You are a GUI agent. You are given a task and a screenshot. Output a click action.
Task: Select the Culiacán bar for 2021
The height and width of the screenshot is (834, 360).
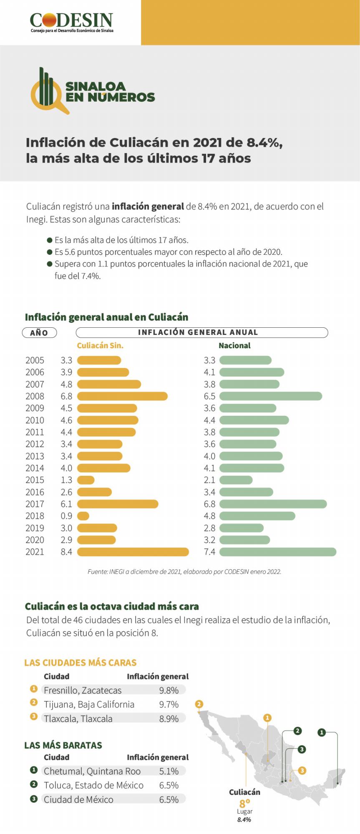[133, 552]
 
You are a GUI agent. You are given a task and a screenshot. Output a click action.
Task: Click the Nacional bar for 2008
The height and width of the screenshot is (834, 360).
[270, 396]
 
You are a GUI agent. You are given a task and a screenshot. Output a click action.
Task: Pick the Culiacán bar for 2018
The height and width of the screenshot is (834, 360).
[83, 516]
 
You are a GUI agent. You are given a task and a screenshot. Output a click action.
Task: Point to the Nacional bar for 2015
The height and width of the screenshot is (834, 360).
[236, 480]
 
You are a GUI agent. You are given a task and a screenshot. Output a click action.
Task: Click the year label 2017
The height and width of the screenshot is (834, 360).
[35, 504]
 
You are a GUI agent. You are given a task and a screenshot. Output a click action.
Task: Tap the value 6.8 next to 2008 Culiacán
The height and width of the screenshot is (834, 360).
[66, 396]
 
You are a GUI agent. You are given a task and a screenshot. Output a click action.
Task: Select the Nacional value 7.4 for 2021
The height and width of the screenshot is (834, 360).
[209, 552]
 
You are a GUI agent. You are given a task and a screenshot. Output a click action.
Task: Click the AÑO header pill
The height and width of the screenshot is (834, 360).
[39, 333]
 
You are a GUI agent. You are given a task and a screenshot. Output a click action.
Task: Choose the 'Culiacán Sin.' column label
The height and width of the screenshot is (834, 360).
[100, 345]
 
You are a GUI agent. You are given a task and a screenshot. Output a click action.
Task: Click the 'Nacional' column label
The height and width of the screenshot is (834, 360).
[234, 345]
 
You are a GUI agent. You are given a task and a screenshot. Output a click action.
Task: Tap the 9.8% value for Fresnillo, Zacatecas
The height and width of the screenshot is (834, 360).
[169, 690]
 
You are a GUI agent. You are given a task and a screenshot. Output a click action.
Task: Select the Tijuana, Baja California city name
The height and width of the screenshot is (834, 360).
[89, 704]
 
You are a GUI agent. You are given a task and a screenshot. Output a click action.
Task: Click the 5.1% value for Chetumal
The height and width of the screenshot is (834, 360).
[169, 771]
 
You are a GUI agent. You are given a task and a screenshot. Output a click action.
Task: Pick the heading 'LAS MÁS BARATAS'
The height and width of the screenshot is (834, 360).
[63, 745]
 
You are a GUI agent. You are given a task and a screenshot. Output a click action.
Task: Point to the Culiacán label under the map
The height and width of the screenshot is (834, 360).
[244, 792]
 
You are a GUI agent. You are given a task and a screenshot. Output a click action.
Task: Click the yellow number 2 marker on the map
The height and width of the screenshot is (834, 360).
[199, 704]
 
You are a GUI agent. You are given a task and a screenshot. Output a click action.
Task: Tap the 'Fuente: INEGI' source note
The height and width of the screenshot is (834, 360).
[184, 572]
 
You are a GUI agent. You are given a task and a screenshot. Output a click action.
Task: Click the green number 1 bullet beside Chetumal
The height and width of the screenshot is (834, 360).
[34, 770]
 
